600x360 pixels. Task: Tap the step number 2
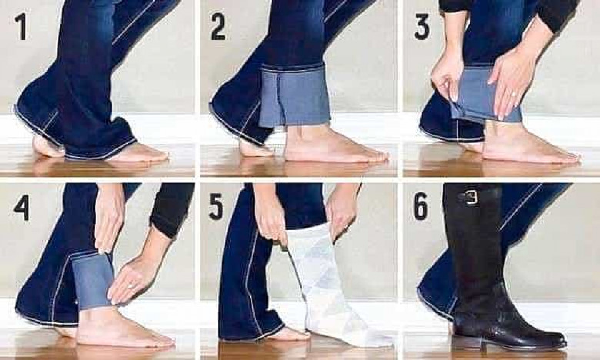coord(218,26)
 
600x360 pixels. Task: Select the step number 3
coord(422,27)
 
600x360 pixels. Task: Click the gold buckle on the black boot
coord(472,198)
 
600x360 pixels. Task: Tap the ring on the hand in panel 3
coord(514,94)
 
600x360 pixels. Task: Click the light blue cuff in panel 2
coord(295,95)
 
